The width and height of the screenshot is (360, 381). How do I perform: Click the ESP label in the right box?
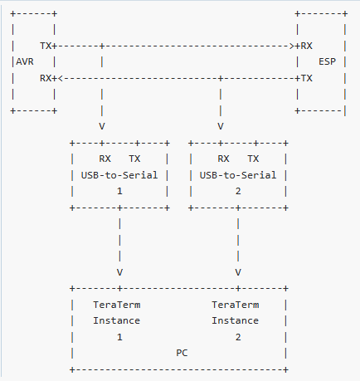click(x=327, y=61)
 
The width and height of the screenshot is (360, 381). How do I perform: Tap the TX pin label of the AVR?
click(x=46, y=46)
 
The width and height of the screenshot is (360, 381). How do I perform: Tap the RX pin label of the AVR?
click(x=46, y=77)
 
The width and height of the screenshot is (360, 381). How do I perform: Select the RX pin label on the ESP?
click(x=307, y=46)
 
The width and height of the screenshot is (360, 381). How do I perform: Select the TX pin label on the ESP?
click(x=307, y=77)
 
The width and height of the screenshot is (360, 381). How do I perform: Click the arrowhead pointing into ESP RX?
click(x=294, y=46)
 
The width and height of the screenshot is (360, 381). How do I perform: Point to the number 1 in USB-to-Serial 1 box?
click(x=119, y=190)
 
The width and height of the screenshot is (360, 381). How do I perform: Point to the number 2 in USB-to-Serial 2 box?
click(x=238, y=190)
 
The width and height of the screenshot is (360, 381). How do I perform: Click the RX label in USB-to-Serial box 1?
click(x=105, y=159)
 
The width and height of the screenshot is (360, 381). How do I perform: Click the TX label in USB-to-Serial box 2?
click(x=253, y=159)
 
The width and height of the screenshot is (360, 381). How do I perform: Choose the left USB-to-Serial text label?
click(x=119, y=174)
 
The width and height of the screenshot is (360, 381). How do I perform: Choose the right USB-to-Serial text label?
click(x=238, y=174)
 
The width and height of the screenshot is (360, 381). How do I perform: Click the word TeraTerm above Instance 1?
click(x=117, y=305)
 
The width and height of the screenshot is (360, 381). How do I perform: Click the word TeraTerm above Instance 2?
click(x=236, y=305)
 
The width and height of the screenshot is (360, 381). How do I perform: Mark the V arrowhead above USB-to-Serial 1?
click(x=102, y=126)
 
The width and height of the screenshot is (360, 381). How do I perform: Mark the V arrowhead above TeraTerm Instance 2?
click(x=238, y=271)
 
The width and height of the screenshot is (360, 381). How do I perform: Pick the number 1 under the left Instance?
click(x=119, y=336)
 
